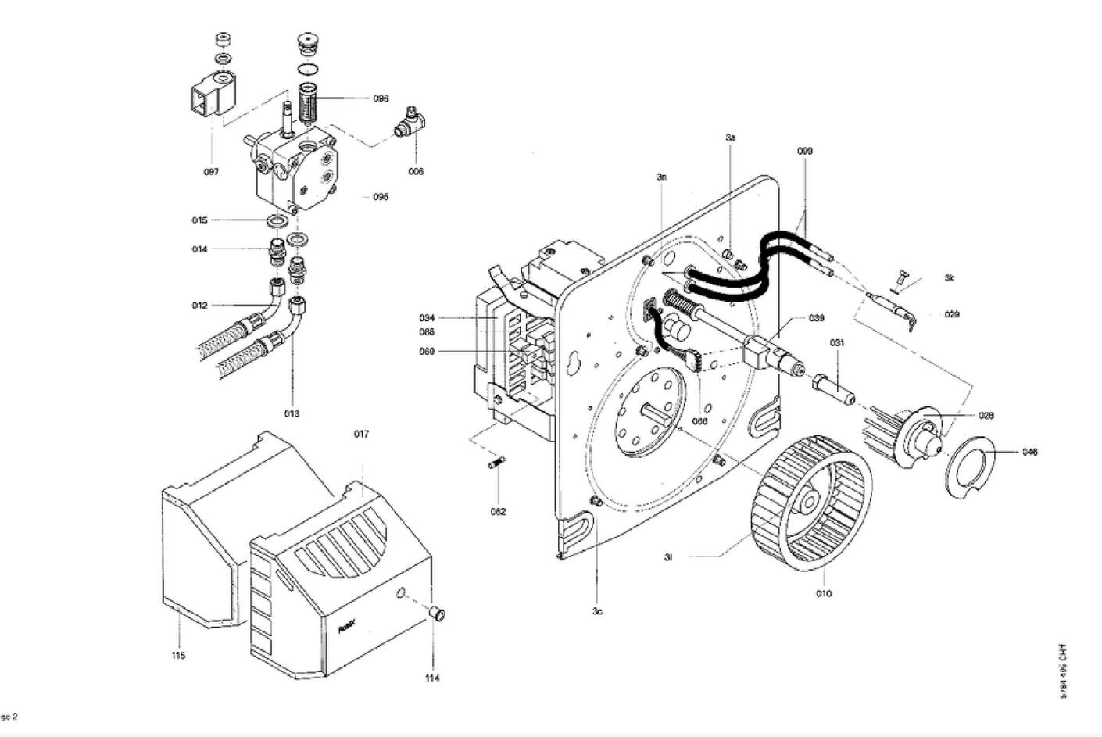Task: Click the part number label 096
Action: [381, 98]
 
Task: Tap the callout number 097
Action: [211, 172]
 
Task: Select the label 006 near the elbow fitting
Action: [416, 171]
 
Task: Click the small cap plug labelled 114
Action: [439, 614]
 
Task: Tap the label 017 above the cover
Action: [361, 434]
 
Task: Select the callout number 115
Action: [178, 655]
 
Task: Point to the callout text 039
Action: [816, 318]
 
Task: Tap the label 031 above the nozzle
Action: [837, 342]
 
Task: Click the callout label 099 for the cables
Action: [805, 151]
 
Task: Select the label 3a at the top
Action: [731, 138]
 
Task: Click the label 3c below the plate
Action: [597, 611]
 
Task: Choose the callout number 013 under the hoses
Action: [292, 413]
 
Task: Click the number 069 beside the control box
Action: [427, 352]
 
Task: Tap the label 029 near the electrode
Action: [952, 314]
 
